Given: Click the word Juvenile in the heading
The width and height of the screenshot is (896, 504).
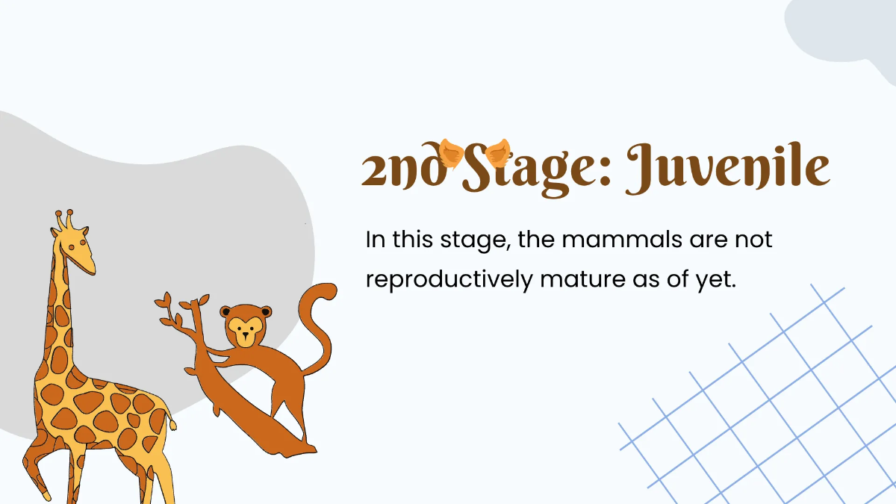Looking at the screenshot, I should coord(727,170).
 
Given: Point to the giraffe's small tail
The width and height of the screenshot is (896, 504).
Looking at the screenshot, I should coord(172,423).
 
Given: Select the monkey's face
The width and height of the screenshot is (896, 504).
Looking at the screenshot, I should coord(244,329).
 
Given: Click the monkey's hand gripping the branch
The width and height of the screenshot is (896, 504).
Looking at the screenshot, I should coord(208,350).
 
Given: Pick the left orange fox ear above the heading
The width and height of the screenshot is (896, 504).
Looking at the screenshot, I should coord(449,152).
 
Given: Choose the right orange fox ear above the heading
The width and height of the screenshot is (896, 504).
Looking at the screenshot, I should coord(497,154).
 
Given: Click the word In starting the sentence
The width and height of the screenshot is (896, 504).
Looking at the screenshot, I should coord(375,241).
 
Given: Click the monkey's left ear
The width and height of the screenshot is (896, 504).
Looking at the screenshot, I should coord(225,311).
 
